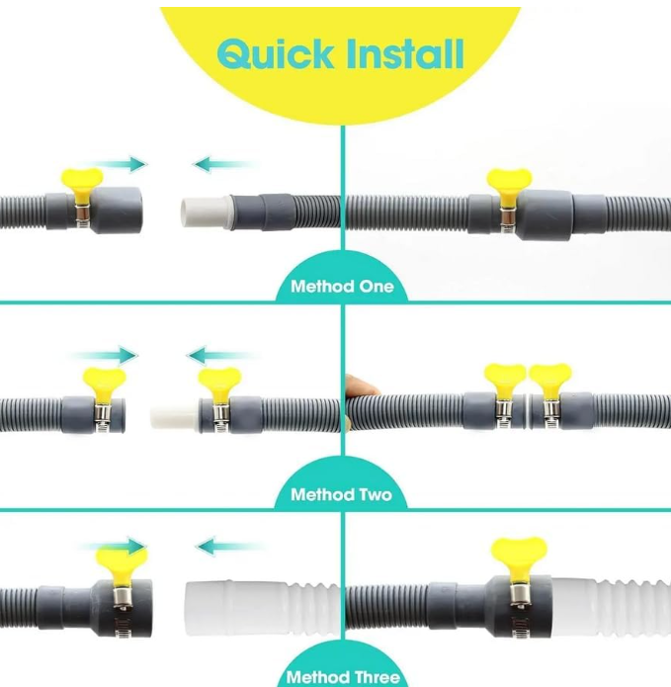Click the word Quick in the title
pyautogui.click(x=275, y=53)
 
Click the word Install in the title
pyautogui.click(x=405, y=53)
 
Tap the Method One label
pyautogui.click(x=342, y=287)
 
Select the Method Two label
pyautogui.click(x=341, y=494)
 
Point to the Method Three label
pyautogui.click(x=343, y=677)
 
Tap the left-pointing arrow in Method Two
pyautogui.click(x=220, y=355)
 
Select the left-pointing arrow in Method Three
pyautogui.click(x=229, y=547)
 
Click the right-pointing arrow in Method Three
pyautogui.click(x=113, y=547)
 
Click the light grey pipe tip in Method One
pyautogui.click(x=205, y=213)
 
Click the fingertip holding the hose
pyautogui.click(x=361, y=386)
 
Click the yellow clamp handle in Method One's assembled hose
pyautogui.click(x=509, y=187)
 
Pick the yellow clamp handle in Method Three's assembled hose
pyautogui.click(x=519, y=559)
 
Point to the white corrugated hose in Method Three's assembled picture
pyautogui.click(x=611, y=607)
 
